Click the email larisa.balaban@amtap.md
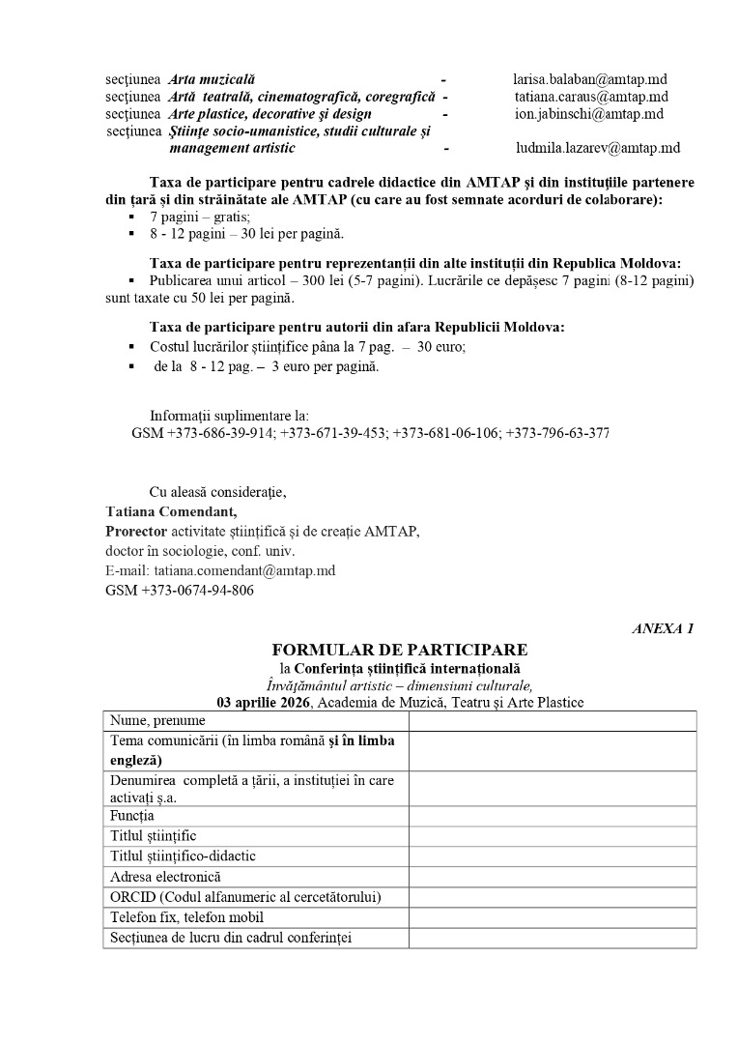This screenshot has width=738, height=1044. [x=590, y=79]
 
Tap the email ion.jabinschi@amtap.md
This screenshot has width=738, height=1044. [x=589, y=114]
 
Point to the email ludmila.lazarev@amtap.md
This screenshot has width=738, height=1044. [x=598, y=148]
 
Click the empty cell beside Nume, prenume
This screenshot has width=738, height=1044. [x=552, y=721]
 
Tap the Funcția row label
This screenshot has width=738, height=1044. [x=133, y=816]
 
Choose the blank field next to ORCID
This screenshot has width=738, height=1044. [x=552, y=897]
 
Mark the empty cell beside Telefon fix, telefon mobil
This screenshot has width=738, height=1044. [x=552, y=917]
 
